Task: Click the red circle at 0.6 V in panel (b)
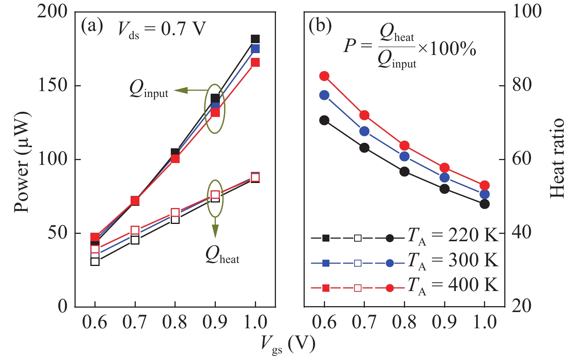point(324,76)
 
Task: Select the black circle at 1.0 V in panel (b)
point(485,204)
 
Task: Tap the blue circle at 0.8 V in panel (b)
point(404,156)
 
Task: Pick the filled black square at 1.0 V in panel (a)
point(255,39)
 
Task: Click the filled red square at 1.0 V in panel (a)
point(255,63)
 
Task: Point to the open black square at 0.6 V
point(95,262)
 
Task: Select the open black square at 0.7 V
point(135,240)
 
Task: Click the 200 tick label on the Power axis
point(52,12)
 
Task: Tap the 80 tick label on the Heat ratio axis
point(522,85)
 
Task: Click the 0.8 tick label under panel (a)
point(175,322)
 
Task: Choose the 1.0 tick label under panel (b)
point(485,322)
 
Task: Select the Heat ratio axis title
point(557,159)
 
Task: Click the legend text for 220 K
point(453,235)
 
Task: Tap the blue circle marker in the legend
point(390,263)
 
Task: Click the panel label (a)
point(92,27)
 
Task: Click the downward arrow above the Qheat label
point(215,229)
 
